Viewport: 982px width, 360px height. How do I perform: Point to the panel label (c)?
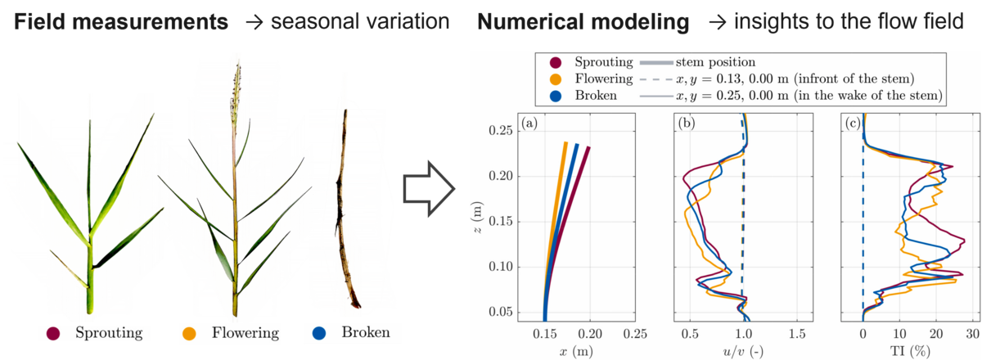(856, 125)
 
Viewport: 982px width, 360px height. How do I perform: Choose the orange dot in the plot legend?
(556, 79)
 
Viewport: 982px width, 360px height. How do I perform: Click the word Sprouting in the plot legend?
(603, 62)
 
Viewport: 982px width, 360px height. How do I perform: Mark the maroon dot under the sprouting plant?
(54, 333)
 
